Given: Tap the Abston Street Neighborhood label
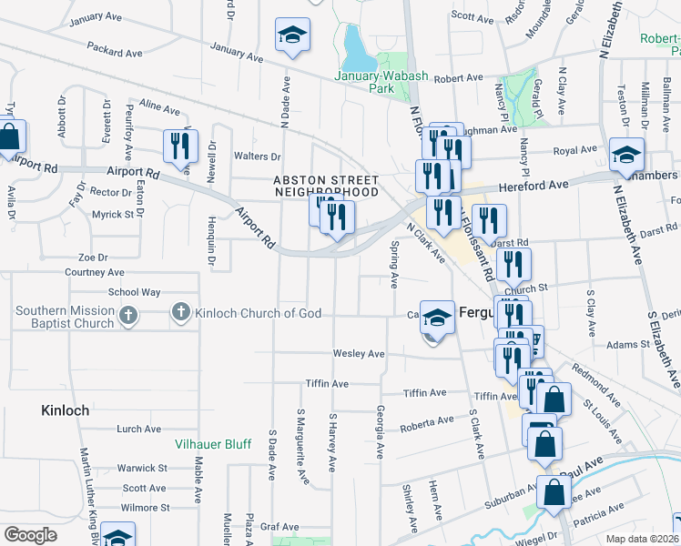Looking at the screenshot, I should pos(326,186).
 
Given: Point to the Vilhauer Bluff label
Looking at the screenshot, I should pos(211,445).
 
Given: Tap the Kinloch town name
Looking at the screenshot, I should pos(66,410).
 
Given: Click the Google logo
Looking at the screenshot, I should pos(30,535).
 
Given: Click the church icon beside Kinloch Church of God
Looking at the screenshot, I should pos(180,314).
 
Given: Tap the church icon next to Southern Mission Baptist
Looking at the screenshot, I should pos(128,315).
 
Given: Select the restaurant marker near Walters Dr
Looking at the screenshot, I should pos(179,145).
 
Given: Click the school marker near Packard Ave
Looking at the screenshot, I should pos(291,35).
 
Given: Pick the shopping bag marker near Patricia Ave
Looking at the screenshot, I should pos(554,492).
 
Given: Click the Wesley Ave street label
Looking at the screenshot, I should pos(359,353).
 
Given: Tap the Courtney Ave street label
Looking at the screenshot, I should pos(95,272).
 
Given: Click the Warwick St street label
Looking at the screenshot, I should pos(142,468).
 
